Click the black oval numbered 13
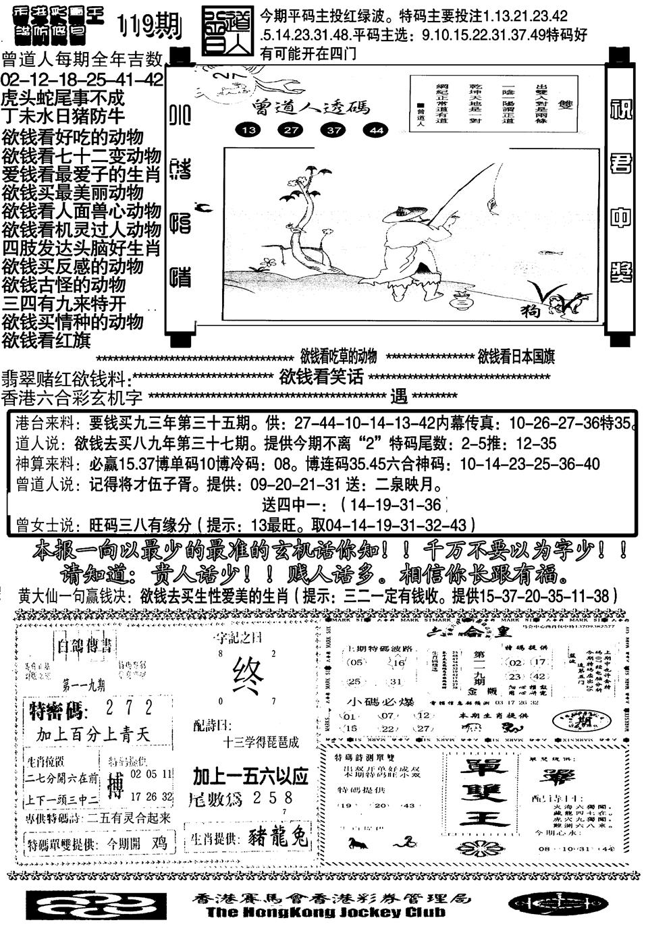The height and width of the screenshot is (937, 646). click(x=250, y=130)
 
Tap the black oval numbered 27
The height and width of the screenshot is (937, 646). click(x=291, y=130)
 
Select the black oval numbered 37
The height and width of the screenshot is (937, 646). click(x=333, y=130)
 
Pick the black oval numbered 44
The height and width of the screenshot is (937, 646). click(x=375, y=130)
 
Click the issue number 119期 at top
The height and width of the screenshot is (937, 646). click(x=149, y=26)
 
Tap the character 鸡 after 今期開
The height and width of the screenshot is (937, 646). click(x=159, y=842)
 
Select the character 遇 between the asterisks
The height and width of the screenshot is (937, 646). click(x=399, y=396)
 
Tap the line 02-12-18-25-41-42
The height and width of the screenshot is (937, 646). click(x=82, y=80)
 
